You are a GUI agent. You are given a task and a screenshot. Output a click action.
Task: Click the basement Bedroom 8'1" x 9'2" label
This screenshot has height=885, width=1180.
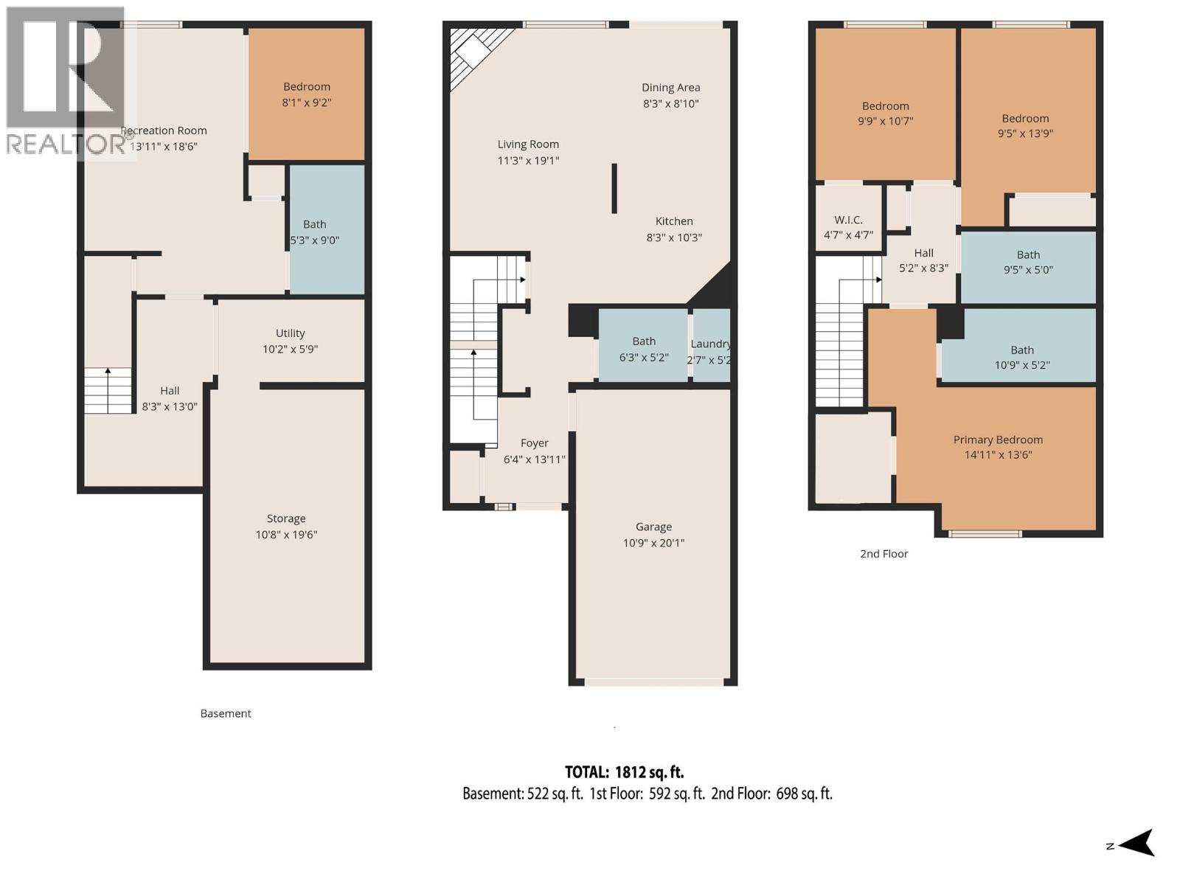(306, 94)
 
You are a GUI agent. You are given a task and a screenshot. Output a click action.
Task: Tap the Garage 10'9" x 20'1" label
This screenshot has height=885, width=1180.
(653, 535)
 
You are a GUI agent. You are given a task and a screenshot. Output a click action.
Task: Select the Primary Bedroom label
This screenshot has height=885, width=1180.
(998, 447)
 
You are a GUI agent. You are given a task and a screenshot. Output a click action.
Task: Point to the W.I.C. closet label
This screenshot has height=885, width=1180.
(848, 227)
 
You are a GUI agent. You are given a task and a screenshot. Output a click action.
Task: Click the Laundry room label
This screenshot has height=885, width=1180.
(710, 352)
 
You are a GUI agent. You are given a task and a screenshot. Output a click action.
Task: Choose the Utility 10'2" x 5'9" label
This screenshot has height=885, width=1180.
(290, 341)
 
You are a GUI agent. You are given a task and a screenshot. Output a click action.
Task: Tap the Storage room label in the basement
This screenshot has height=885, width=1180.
(286, 527)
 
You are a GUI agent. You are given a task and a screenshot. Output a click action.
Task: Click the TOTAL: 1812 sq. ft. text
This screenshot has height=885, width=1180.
(624, 772)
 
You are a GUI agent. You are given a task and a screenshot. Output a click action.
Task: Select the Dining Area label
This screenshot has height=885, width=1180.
(670, 95)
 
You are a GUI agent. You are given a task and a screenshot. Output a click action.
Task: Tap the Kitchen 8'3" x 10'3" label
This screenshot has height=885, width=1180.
(674, 229)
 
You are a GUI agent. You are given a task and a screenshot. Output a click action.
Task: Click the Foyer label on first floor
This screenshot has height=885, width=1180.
(534, 451)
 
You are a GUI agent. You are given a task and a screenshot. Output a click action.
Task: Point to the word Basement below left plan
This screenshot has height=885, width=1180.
(226, 713)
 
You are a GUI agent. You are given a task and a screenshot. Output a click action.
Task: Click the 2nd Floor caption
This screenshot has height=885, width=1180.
(884, 554)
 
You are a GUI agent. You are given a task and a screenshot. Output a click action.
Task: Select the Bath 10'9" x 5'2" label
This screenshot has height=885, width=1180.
(1021, 357)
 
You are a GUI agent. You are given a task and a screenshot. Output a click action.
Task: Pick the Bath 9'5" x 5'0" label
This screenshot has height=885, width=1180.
(1028, 262)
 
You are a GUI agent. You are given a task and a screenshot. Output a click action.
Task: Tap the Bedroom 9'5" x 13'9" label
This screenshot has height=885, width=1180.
(1025, 125)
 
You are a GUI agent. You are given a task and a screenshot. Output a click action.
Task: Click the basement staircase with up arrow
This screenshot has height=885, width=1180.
(108, 390)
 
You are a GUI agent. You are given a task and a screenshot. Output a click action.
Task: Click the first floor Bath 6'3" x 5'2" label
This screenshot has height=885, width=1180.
(644, 348)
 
